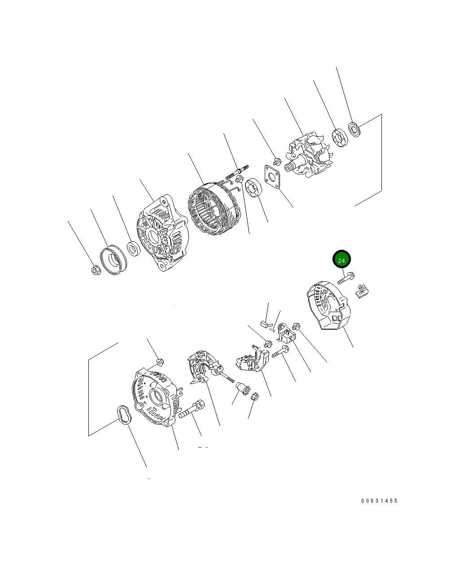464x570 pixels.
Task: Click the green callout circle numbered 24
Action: (341, 259)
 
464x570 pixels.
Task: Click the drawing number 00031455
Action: (379, 501)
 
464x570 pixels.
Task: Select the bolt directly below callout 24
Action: (346, 278)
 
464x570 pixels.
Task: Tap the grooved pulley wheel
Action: (114, 260)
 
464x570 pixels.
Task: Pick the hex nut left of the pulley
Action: (96, 270)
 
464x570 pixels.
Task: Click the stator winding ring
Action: (214, 208)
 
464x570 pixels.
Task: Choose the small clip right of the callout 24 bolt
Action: (362, 291)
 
